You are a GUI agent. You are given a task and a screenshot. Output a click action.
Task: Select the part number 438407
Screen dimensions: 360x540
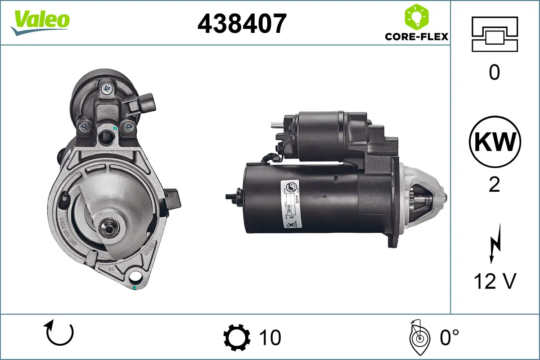(x=242, y=24)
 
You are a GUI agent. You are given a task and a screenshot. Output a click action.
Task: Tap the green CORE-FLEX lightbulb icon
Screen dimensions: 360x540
(x=416, y=17)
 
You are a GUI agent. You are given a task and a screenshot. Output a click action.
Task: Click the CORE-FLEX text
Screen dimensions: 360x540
(x=416, y=36)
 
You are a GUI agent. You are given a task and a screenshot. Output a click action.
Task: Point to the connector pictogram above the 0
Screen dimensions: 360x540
(x=494, y=34)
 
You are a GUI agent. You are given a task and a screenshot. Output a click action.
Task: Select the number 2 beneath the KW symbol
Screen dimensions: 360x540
(x=494, y=184)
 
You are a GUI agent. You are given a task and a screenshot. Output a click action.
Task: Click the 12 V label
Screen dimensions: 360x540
(x=494, y=282)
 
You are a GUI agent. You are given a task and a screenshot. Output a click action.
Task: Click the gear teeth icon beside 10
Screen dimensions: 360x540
(x=237, y=337)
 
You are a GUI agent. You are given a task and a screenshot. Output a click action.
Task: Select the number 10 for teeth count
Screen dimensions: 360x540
(x=270, y=337)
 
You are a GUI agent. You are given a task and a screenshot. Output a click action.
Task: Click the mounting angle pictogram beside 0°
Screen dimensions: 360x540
(x=418, y=337)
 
